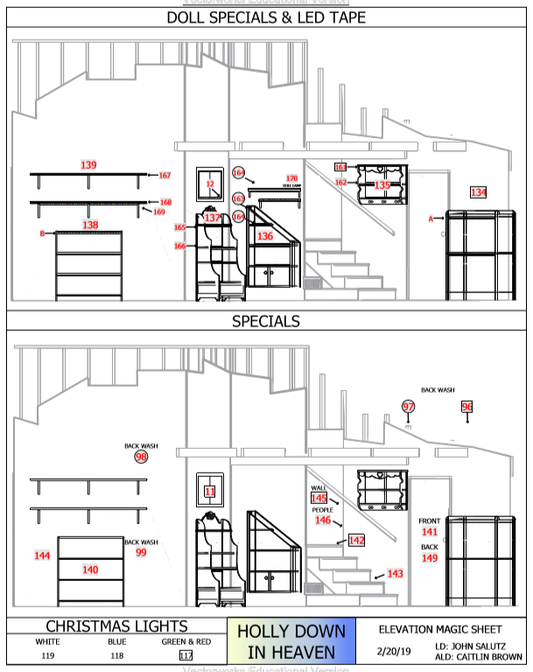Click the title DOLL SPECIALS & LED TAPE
click(266, 17)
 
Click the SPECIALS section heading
click(266, 321)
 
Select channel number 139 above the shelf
click(88, 164)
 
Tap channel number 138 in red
click(90, 225)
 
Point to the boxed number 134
click(478, 192)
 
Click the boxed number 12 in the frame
click(210, 185)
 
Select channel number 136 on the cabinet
click(265, 236)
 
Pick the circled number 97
click(409, 406)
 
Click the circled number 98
click(141, 456)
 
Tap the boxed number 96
click(466, 406)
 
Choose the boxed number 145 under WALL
click(319, 498)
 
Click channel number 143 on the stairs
click(395, 573)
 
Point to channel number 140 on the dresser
click(90, 570)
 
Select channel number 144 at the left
click(41, 556)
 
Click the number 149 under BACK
click(430, 557)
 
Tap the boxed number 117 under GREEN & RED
click(186, 654)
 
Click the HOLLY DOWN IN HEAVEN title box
click(291, 641)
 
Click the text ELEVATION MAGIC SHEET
click(440, 628)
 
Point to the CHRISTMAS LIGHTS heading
click(116, 626)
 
